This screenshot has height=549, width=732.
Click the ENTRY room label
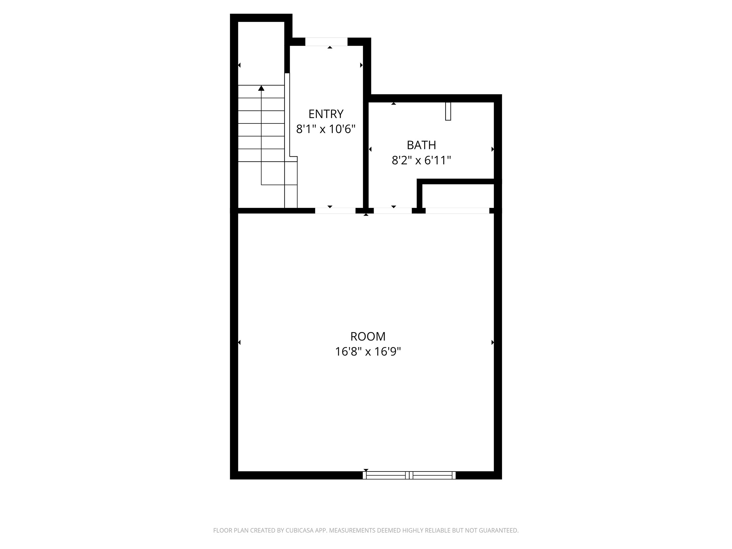(x=326, y=114)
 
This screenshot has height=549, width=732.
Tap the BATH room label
(x=421, y=145)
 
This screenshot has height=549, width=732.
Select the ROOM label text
(x=368, y=336)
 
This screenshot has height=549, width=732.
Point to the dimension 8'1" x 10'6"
(x=326, y=129)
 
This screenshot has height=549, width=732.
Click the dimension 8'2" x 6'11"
(x=421, y=160)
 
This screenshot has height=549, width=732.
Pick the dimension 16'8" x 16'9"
(x=368, y=351)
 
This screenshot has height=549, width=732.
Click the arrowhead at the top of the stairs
(x=261, y=88)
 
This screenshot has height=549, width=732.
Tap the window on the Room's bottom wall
(x=409, y=475)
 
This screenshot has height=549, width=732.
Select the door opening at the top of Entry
(x=326, y=42)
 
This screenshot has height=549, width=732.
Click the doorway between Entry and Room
(x=335, y=211)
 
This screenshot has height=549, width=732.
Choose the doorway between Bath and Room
(x=393, y=211)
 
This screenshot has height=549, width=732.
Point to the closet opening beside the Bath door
(x=457, y=211)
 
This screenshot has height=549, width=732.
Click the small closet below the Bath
(x=458, y=196)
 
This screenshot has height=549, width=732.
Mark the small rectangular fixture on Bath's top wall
(x=448, y=111)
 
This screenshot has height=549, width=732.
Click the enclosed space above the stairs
(x=261, y=53)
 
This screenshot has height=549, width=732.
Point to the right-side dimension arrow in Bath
(x=493, y=149)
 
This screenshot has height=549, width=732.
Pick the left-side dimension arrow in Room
(x=239, y=342)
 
